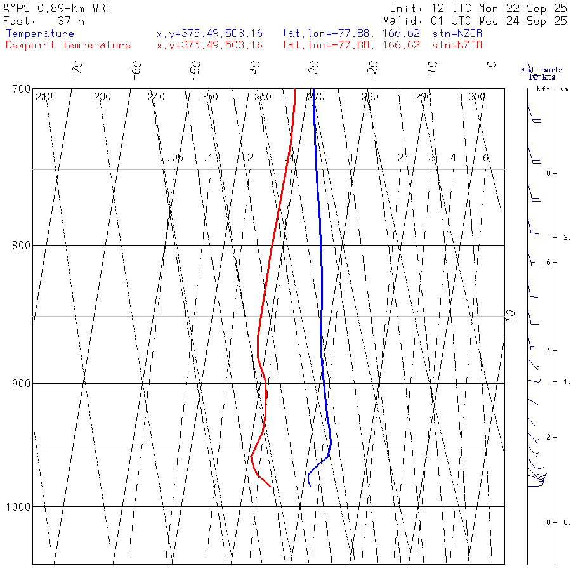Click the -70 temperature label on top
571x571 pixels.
pyautogui.click(x=77, y=69)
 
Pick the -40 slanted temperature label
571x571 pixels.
pyautogui.click(x=255, y=69)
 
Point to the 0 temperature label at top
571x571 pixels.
pyautogui.click(x=491, y=64)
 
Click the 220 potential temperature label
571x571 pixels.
pyautogui.click(x=44, y=97)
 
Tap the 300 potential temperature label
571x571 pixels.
pyautogui.click(x=476, y=97)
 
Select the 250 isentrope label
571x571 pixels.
pyautogui.click(x=209, y=97)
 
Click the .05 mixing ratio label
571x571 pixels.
pyautogui.click(x=176, y=157)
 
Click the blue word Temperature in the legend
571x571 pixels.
pyautogui.click(x=40, y=34)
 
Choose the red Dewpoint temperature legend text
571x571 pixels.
pyautogui.click(x=68, y=45)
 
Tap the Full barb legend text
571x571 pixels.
pyautogui.click(x=542, y=70)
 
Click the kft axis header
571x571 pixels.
pyautogui.click(x=543, y=89)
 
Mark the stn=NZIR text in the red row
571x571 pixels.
pyautogui.click(x=457, y=45)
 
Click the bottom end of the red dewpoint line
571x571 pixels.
pyautogui.click(x=270, y=486)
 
